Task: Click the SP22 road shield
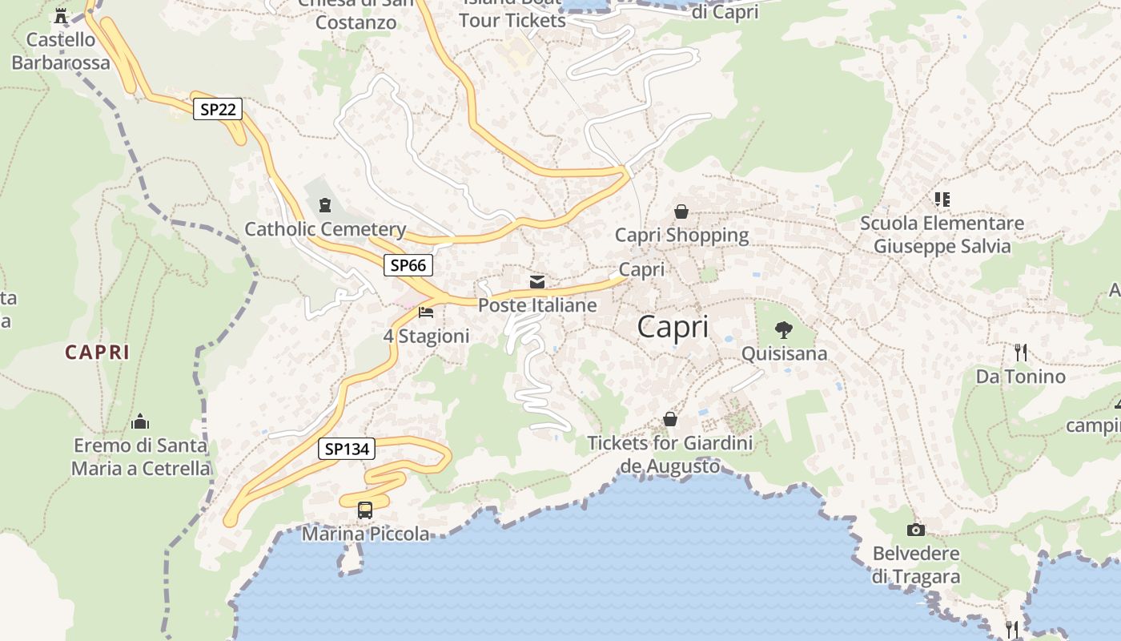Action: point(217,109)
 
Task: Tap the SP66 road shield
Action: point(408,264)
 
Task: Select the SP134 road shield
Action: point(347,449)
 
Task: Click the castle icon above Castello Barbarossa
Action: point(61,16)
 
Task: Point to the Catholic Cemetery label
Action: point(325,229)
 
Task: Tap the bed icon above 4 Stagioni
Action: point(426,312)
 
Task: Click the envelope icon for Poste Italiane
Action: point(537,281)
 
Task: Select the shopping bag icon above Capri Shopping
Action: point(681,212)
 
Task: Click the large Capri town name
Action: point(673,327)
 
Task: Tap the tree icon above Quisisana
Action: point(784,329)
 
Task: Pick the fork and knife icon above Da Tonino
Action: point(1020,352)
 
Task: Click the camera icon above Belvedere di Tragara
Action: point(915,530)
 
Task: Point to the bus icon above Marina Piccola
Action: point(365,510)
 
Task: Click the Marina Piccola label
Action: point(365,534)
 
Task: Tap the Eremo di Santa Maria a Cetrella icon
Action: point(140,421)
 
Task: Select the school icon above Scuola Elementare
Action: point(942,199)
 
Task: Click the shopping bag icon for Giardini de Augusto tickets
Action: point(669,419)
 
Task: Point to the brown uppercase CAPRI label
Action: point(97,352)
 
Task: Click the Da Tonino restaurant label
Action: point(1020,377)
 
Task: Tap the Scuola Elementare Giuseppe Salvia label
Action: point(942,235)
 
